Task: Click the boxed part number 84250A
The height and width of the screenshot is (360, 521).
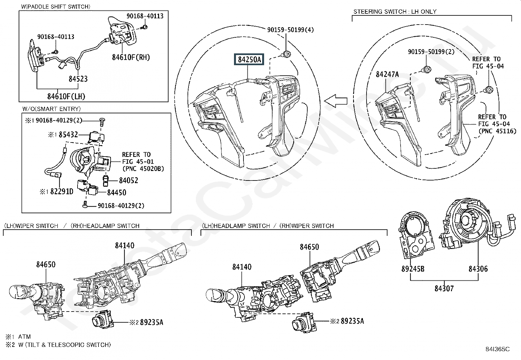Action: click(249, 60)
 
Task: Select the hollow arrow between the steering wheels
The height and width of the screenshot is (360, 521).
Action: click(335, 101)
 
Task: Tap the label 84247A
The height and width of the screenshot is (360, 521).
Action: click(387, 74)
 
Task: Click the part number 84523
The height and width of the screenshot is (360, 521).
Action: click(78, 79)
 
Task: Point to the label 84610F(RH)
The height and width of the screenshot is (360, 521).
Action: click(131, 57)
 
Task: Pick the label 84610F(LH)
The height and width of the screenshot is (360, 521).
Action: click(66, 96)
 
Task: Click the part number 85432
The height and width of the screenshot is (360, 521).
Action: click(68, 134)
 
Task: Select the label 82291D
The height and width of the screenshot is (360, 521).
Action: click(62, 191)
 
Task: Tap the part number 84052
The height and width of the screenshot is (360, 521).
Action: click(129, 180)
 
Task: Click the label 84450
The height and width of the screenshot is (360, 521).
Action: click(117, 192)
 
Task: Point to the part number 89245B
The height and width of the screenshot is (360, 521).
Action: click(413, 269)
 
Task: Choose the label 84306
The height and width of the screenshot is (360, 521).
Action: click(478, 269)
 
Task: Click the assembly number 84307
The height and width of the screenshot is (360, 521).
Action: click(444, 288)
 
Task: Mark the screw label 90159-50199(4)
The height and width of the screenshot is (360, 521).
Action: click(291, 29)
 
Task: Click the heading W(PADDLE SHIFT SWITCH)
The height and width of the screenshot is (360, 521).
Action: click(56, 7)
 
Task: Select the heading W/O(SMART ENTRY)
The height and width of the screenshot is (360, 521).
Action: click(51, 109)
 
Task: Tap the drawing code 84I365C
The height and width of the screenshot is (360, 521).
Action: click(497, 349)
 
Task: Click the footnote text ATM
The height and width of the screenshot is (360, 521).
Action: click(25, 336)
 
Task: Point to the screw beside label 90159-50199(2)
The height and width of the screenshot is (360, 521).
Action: click(427, 69)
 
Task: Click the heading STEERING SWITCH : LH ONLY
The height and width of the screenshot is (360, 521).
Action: click(395, 11)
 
